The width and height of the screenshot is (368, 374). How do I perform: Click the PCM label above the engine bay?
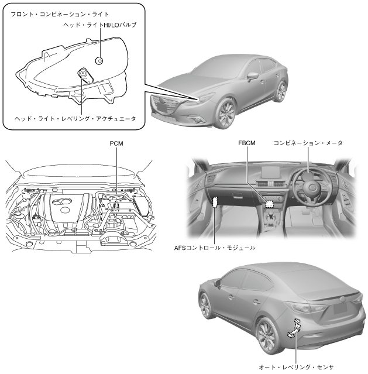pyautogui.click(x=116, y=142)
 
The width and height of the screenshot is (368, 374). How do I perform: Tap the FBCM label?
pyautogui.click(x=247, y=142)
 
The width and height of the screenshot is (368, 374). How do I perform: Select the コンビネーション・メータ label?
pyautogui.click(x=308, y=142)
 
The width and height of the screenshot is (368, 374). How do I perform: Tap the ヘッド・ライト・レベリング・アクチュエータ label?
pyautogui.click(x=75, y=118)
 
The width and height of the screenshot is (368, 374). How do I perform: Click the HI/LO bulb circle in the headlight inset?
pyautogui.click(x=100, y=60)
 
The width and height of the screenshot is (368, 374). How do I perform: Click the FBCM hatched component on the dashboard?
pyautogui.click(x=270, y=204)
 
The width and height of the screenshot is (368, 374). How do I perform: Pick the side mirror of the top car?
pyautogui.click(x=252, y=76)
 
